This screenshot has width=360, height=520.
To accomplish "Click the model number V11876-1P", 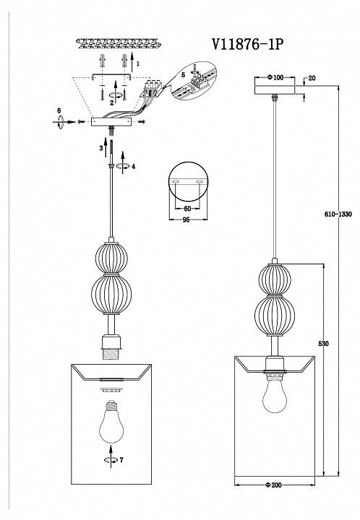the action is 248,44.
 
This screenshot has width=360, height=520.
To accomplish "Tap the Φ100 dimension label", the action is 275,77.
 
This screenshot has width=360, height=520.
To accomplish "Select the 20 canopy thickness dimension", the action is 312,78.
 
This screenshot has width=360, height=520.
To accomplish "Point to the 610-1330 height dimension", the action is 338,214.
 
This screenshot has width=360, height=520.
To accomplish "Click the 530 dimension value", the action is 323,344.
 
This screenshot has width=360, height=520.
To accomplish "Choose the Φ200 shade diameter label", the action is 273,485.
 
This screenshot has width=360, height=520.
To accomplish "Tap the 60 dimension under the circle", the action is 187,209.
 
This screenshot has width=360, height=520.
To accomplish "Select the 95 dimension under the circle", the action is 186,220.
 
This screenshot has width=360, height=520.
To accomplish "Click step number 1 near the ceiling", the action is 138,64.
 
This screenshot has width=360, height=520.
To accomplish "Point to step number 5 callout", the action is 183,75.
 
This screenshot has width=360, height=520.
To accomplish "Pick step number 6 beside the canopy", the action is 59,110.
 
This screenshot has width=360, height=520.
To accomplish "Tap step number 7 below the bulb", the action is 121,460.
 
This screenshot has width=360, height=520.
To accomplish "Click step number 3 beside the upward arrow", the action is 101,148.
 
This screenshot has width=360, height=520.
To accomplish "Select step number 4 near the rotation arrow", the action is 134,167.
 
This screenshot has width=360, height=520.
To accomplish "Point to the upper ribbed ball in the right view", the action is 275,279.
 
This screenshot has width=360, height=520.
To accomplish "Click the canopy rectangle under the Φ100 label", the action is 275,90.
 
